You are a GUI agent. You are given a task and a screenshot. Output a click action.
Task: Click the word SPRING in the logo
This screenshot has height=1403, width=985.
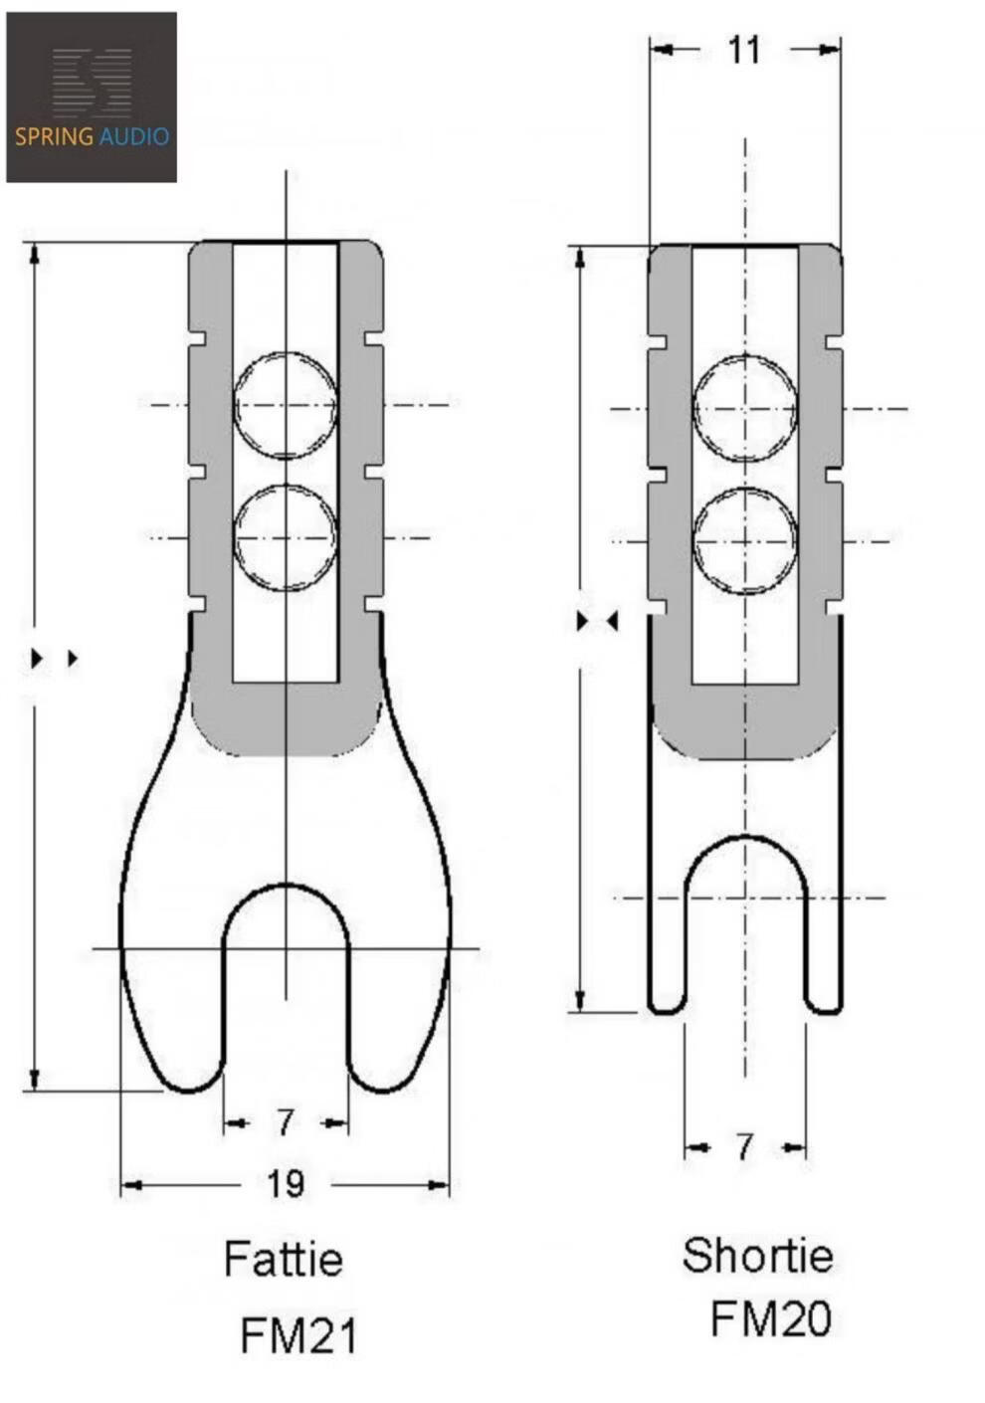(x=54, y=136)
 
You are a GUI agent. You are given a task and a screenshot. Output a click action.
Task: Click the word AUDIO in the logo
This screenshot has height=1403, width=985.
(x=133, y=136)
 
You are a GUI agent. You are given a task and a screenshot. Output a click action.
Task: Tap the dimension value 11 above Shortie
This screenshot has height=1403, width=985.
(x=744, y=50)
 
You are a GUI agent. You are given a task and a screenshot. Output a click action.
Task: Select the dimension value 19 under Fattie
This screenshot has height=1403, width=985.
(x=286, y=1184)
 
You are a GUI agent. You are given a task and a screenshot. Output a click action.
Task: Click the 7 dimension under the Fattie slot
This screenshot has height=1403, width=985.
(x=285, y=1122)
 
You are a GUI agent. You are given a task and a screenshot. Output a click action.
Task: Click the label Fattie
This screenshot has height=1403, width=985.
(x=284, y=1259)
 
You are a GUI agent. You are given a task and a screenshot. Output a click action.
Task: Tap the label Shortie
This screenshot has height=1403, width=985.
(x=758, y=1256)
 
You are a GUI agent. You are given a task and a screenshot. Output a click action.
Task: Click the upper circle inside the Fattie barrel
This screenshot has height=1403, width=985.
(x=286, y=352)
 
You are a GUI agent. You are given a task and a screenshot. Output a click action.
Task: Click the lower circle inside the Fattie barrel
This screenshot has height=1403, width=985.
(x=286, y=485)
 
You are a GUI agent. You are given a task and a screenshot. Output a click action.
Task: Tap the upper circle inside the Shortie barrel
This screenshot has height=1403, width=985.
(x=745, y=356)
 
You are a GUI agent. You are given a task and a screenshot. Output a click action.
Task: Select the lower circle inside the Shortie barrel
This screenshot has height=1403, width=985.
(x=745, y=489)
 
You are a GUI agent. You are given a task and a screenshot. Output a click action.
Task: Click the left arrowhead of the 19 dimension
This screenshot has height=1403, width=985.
(x=131, y=1184)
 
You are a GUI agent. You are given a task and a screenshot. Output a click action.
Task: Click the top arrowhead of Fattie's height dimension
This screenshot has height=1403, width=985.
(x=35, y=255)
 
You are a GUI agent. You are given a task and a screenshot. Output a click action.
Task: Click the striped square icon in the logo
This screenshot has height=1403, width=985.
(x=93, y=83)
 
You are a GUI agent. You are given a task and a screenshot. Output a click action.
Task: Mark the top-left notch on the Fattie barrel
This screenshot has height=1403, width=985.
(x=198, y=338)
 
